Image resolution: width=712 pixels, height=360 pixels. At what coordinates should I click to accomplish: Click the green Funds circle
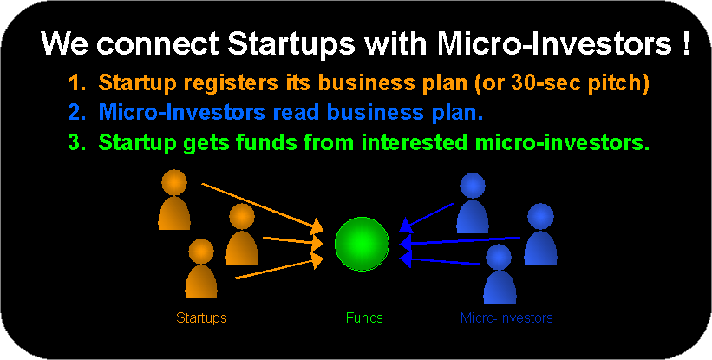pyautogui.click(x=362, y=245)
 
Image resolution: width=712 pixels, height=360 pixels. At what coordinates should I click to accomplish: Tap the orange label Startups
pyautogui.click(x=201, y=317)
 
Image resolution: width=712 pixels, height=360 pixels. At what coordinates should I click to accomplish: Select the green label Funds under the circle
pyautogui.click(x=364, y=317)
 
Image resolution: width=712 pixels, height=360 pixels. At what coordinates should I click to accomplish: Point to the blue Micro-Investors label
pyautogui.click(x=506, y=317)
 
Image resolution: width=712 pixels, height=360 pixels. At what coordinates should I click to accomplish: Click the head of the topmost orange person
pyautogui.click(x=174, y=182)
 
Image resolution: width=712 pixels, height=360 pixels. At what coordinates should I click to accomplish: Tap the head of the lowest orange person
pyautogui.click(x=201, y=251)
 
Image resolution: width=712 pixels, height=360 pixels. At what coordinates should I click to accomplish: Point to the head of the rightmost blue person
pyautogui.click(x=540, y=216)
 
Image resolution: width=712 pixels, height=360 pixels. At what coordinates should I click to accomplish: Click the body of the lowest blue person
pyautogui.click(x=500, y=287)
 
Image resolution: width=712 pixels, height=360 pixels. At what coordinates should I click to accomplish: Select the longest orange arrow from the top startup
pyautogui.click(x=263, y=206)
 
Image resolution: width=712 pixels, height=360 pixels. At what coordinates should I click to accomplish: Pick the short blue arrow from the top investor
pyautogui.click(x=427, y=217)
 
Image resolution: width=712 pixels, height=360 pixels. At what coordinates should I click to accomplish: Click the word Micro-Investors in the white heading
pyautogui.click(x=554, y=43)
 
